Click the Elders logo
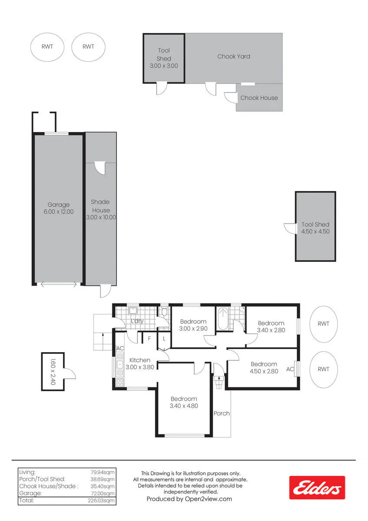point(317,488)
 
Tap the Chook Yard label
point(233,56)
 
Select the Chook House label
point(259,98)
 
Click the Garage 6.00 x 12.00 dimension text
point(59,212)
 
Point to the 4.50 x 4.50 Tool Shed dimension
point(315,231)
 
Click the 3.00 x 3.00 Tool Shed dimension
point(164,66)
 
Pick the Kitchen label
point(140,360)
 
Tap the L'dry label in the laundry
point(137,321)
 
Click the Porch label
point(222,413)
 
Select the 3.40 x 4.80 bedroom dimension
point(184,406)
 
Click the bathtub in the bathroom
point(223,318)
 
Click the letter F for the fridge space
point(149,338)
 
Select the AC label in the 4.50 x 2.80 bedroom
point(290,369)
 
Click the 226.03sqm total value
point(101,501)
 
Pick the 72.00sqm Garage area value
point(103,493)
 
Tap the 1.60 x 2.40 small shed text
point(53,372)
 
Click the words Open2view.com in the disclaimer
point(208,499)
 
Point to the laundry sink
point(133,311)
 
